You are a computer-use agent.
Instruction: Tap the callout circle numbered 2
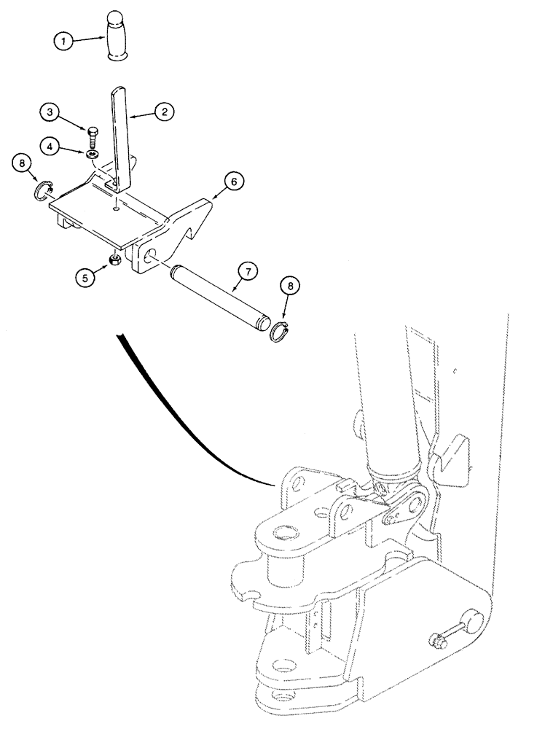pyautogui.click(x=164, y=112)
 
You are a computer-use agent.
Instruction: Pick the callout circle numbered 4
pyautogui.click(x=50, y=147)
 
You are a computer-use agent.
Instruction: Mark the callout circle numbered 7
pyautogui.click(x=248, y=273)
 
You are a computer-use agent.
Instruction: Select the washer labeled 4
pyautogui.click(x=92, y=154)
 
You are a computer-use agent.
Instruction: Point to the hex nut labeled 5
pyautogui.click(x=116, y=260)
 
